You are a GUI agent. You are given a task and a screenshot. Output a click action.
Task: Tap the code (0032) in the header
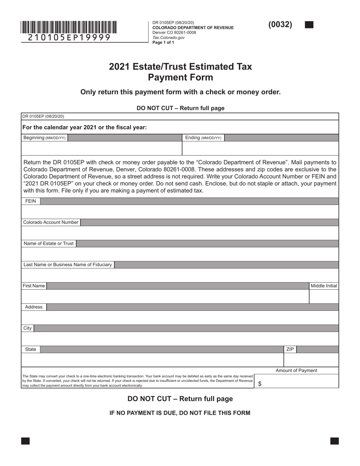[x=280, y=25]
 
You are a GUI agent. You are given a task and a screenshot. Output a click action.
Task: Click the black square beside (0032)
[x=309, y=25]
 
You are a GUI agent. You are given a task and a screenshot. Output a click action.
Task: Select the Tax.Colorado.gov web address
[x=169, y=38]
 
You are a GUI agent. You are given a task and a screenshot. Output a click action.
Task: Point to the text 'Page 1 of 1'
[x=163, y=42]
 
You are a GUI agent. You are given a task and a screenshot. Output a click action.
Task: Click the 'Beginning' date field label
[x=44, y=138]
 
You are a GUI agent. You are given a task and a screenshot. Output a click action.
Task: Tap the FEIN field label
[x=31, y=201]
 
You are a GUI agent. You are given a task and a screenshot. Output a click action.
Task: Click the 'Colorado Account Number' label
[x=51, y=222]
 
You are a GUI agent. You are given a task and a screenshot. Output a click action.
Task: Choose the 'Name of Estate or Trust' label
[x=49, y=244]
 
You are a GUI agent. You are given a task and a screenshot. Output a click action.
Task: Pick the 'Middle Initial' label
[x=324, y=286]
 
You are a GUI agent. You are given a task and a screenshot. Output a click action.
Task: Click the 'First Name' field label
[x=34, y=286]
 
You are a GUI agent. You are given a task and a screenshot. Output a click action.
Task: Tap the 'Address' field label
[x=34, y=307]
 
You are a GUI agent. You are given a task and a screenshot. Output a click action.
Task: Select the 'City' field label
[x=28, y=328]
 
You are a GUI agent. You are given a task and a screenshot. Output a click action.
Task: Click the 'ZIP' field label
[x=290, y=349]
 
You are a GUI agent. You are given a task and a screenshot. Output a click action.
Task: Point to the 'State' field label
[x=31, y=349]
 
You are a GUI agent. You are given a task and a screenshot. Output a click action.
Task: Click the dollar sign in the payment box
[x=260, y=384]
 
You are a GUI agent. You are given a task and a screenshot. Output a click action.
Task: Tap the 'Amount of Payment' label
[x=296, y=371]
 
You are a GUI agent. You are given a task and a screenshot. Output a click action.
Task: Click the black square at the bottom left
[x=25, y=441]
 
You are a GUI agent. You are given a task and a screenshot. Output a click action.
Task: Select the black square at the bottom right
[x=335, y=441]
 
